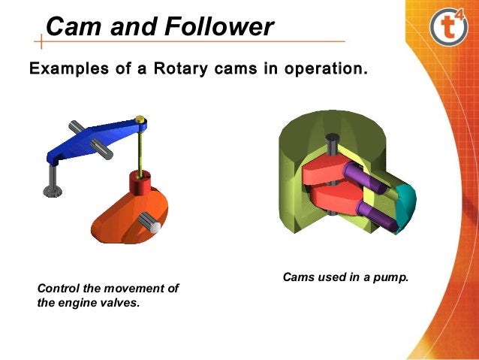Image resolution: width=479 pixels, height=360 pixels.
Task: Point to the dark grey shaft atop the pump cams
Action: click(331, 147)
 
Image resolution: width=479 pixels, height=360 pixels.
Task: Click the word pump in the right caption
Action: click(388, 277)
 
